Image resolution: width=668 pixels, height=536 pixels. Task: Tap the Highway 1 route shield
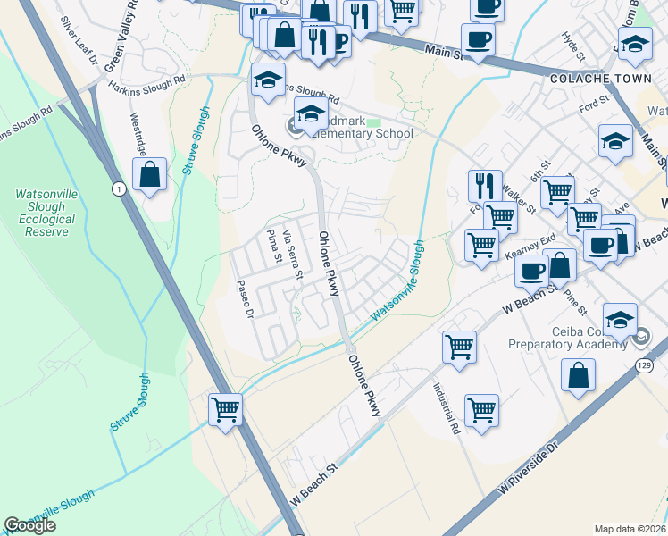point(118,188)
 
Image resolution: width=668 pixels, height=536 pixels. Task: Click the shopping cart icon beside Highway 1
point(225,411)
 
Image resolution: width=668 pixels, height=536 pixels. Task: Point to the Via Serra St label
point(293,253)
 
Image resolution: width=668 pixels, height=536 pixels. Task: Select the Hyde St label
point(570,43)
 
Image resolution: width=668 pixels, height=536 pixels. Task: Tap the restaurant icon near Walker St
point(485,185)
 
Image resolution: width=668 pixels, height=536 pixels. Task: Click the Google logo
point(30,525)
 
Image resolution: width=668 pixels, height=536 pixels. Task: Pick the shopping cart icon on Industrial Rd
point(481,410)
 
